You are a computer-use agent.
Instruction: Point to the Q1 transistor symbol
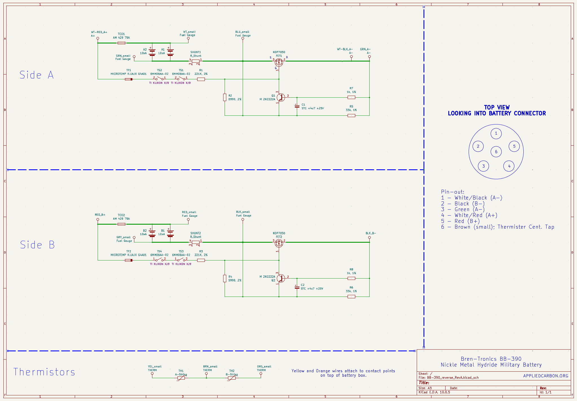[280, 97]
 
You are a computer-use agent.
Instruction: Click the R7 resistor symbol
[351, 97]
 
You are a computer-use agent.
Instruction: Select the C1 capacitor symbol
[297, 106]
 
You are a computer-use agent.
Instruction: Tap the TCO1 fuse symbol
[121, 43]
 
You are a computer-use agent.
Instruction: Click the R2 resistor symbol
[225, 97]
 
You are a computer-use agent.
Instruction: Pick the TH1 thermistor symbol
[181, 378]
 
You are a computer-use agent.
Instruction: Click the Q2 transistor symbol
[280, 278]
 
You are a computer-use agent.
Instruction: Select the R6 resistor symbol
[351, 297]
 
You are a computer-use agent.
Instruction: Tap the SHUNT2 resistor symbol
[196, 242]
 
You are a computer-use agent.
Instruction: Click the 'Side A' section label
[36, 75]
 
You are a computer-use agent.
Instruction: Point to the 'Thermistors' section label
[44, 372]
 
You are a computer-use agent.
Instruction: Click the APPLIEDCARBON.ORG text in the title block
[546, 376]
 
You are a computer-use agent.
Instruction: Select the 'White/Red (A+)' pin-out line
[469, 215]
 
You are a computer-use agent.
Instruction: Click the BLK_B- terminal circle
[369, 238]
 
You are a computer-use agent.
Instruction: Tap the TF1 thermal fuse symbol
[129, 79]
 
